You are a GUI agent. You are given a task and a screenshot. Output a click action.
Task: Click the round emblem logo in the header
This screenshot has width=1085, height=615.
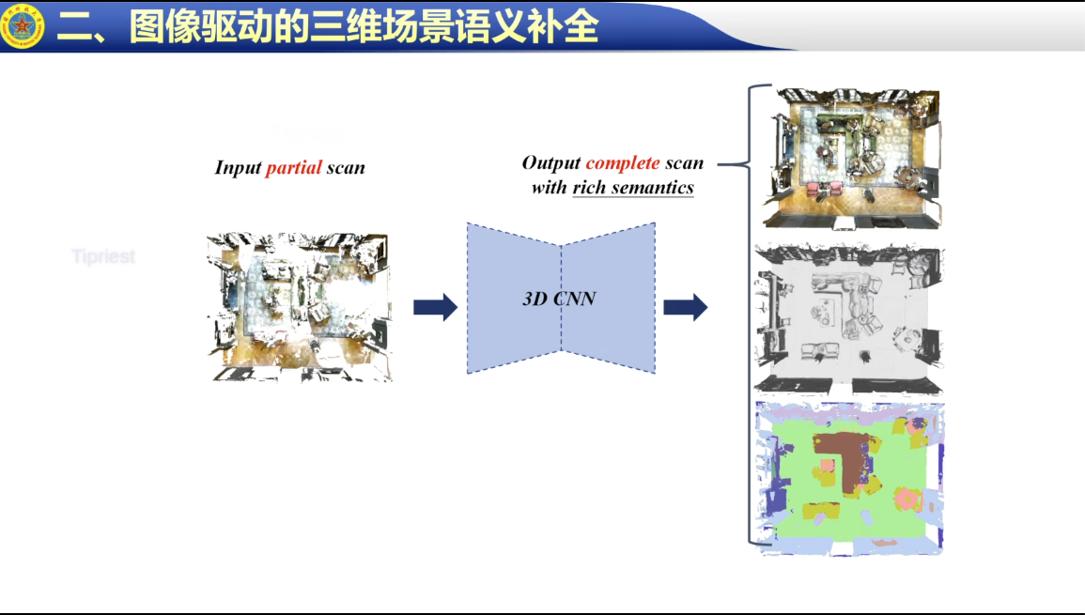23,25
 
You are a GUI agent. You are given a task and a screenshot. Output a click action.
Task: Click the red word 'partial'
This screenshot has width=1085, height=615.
294,168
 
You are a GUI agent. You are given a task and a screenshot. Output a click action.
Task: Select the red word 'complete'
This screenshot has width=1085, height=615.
623,163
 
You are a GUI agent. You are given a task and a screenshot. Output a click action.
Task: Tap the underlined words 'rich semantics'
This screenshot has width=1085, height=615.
633,188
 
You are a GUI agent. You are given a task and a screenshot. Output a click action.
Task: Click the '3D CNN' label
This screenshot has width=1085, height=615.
559,300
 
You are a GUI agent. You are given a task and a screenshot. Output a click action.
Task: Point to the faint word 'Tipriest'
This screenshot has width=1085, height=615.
103,256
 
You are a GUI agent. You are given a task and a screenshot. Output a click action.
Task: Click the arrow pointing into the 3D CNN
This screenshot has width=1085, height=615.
435,307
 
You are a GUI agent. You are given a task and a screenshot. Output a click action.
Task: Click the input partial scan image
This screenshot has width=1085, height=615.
299,307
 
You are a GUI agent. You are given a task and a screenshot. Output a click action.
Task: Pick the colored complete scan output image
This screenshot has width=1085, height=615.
851,157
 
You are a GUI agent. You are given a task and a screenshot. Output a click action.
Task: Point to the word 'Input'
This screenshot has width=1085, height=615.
238,168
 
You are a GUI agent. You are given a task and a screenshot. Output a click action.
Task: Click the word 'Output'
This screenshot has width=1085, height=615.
550,163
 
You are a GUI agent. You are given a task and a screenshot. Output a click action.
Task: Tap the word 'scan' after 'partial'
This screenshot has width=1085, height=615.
346,168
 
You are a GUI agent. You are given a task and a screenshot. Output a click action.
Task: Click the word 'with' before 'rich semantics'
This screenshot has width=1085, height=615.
549,188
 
